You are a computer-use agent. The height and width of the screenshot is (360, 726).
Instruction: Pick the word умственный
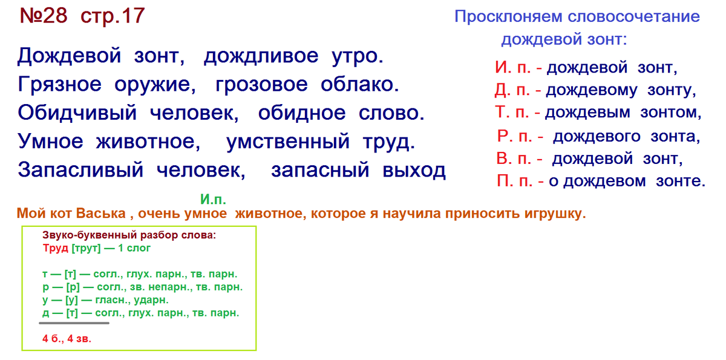click(288, 142)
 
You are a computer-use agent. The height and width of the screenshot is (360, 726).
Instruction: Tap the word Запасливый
click(80, 171)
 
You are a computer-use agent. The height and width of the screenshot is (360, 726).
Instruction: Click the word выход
click(414, 171)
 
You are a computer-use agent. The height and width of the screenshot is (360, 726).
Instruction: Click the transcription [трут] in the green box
click(86, 247)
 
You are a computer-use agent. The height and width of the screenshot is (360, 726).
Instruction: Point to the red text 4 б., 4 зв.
click(67, 339)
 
